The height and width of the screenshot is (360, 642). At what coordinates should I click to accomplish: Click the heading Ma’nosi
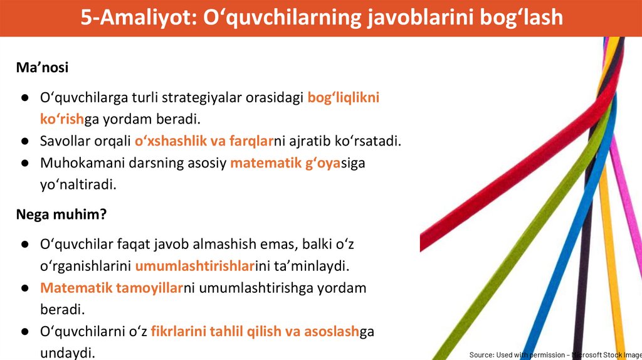42,67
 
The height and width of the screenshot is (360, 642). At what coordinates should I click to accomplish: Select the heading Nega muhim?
61,214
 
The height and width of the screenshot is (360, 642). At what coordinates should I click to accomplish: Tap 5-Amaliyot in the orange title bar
138,18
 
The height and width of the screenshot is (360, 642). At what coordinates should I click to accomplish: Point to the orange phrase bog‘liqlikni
344,97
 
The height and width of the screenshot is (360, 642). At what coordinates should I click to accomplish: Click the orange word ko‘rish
62,119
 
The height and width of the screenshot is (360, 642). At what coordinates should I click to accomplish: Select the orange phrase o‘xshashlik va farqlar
204,141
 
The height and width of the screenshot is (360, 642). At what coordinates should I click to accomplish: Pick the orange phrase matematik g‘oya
285,163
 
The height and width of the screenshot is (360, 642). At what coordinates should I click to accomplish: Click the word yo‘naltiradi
78,185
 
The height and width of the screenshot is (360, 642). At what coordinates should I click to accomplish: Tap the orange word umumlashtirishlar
196,266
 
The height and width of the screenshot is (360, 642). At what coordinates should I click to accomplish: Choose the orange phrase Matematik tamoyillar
112,288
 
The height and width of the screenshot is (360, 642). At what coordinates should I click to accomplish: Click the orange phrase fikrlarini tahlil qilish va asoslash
255,331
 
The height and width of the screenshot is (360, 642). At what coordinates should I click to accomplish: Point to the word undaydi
68,352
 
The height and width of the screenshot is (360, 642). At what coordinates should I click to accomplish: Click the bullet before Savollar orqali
25,141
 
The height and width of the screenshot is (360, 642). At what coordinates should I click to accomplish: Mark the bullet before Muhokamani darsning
25,163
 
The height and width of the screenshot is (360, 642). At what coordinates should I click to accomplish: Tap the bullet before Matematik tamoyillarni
25,289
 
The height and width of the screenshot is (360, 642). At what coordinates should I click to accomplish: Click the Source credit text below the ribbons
555,355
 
